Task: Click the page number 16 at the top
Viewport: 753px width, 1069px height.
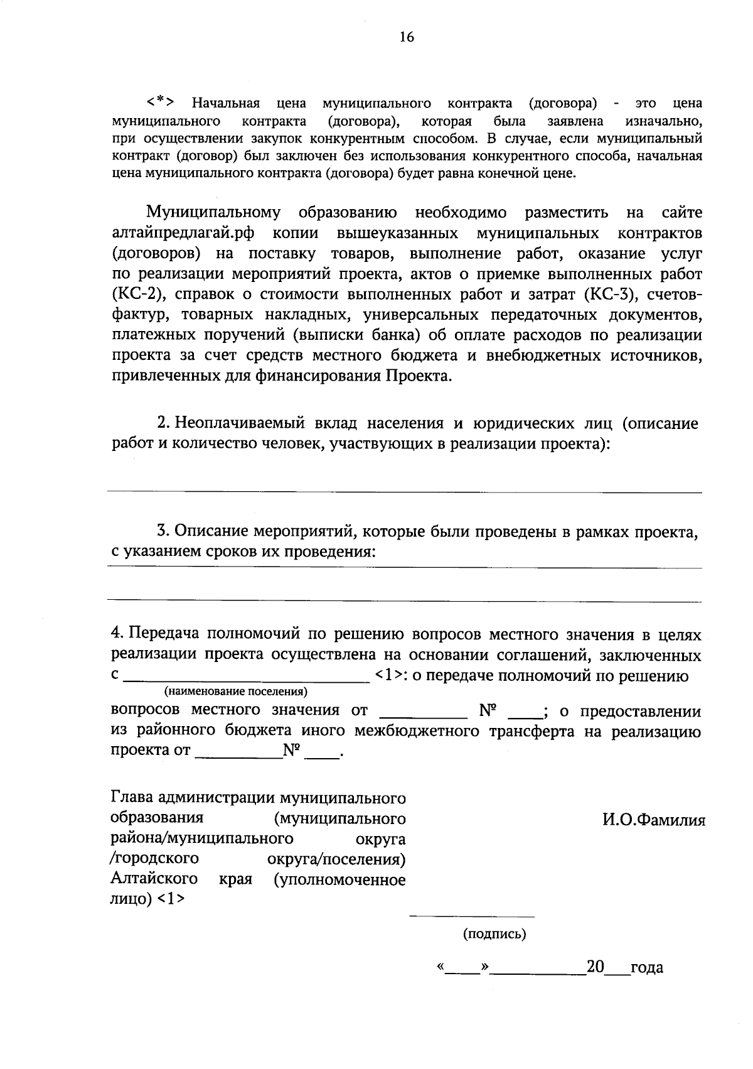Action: tap(407, 38)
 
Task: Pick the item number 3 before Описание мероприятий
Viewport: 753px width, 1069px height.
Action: tap(161, 532)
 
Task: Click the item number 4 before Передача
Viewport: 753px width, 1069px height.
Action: tap(115, 634)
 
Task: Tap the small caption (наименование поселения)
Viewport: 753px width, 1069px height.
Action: tap(235, 692)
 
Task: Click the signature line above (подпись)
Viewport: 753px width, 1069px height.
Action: tap(472, 916)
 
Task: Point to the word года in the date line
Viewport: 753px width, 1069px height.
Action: tap(646, 968)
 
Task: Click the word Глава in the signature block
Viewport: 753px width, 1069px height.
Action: tap(132, 798)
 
